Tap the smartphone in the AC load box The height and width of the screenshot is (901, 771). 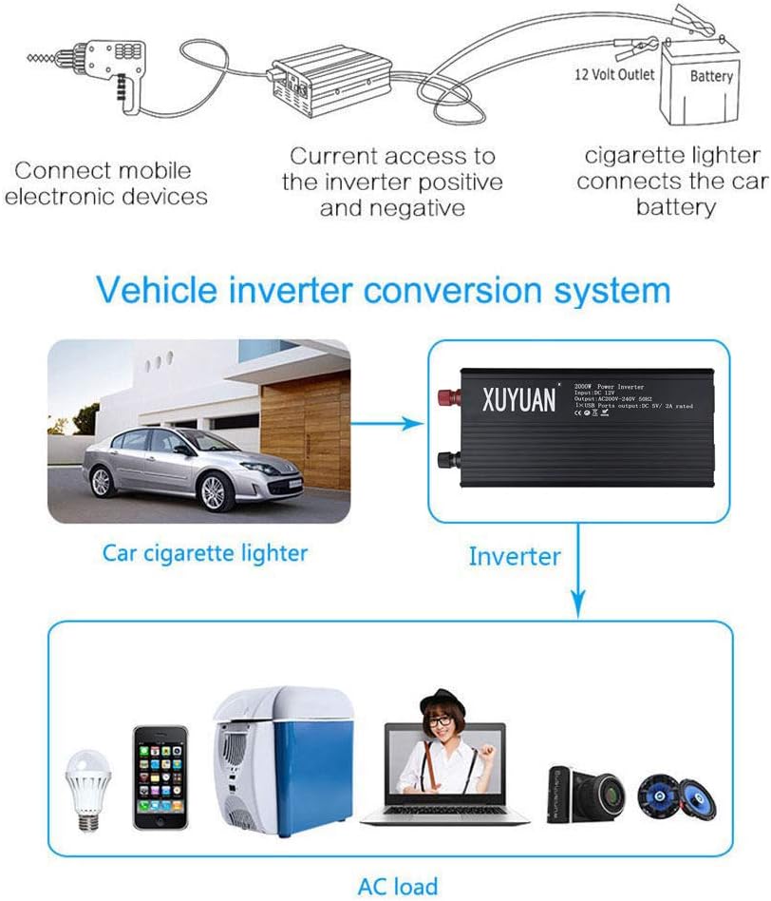pyautogui.click(x=160, y=776)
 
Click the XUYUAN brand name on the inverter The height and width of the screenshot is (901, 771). pyautogui.click(x=519, y=399)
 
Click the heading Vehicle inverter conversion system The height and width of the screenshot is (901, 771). pyautogui.click(x=385, y=288)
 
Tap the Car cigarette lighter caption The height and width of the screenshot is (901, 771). pyautogui.click(x=204, y=551)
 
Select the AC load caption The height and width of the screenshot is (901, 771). pyautogui.click(x=398, y=886)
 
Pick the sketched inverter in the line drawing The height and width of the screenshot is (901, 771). pyautogui.click(x=324, y=82)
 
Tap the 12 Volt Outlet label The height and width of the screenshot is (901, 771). pyautogui.click(x=615, y=74)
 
